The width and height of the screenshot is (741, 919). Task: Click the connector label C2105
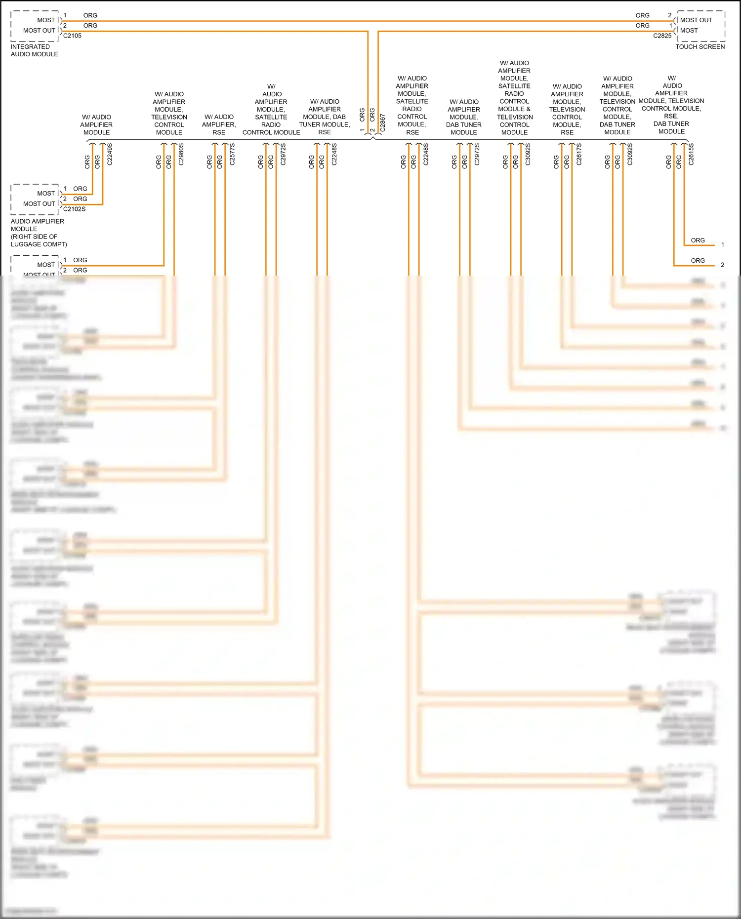tap(72, 36)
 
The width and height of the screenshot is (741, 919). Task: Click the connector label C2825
tap(662, 36)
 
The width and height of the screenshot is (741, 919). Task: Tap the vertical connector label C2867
tap(383, 123)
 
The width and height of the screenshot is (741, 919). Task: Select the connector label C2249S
tap(110, 154)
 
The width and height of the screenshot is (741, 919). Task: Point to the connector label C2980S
tap(181, 154)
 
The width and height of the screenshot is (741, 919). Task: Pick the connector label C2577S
tap(232, 154)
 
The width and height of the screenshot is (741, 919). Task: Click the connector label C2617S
tap(579, 154)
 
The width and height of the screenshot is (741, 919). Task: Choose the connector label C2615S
tap(691, 154)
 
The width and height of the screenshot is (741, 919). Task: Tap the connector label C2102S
tap(74, 209)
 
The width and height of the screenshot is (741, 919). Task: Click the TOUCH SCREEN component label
tap(700, 47)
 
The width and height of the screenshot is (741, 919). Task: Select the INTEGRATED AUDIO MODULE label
tap(35, 50)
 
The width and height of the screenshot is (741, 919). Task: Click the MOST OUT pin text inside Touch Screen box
tap(696, 20)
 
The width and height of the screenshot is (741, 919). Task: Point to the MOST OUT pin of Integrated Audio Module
tap(39, 31)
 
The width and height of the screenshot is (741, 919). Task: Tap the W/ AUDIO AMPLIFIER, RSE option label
tap(219, 124)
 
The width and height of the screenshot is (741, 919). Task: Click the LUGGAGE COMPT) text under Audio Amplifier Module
tap(39, 244)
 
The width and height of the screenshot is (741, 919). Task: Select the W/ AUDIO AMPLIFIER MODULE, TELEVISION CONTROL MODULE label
tap(169, 113)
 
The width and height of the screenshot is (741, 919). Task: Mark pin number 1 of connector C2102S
tap(65, 189)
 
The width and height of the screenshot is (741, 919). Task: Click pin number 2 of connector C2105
tap(65, 26)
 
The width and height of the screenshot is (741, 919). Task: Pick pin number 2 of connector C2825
tap(670, 15)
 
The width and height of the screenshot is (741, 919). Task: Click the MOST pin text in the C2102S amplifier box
tap(46, 194)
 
